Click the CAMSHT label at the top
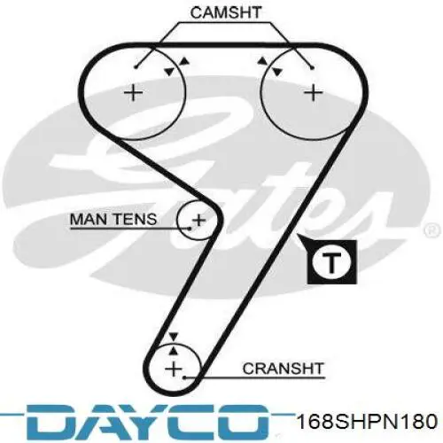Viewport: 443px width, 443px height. click(226, 12)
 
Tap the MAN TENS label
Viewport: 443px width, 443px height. click(113, 219)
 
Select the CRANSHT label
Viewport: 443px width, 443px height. click(283, 369)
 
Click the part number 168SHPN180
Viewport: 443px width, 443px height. click(368, 422)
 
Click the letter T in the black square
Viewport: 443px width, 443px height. click(332, 262)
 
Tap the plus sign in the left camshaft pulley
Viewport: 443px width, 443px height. click(133, 93)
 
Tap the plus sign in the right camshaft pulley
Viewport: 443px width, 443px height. click(313, 93)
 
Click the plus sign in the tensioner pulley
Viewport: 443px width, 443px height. click(199, 221)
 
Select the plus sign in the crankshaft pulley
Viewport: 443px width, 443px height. click(174, 369)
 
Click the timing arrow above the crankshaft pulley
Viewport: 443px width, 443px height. click(174, 337)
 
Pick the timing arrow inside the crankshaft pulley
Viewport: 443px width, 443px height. click(174, 351)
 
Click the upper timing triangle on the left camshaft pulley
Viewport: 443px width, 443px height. click(185, 61)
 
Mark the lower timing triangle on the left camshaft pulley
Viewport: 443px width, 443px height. click(169, 71)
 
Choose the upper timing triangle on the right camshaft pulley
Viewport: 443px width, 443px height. click(262, 61)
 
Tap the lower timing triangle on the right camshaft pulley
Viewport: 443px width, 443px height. click(277, 72)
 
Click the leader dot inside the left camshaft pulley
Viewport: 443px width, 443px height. click(136, 67)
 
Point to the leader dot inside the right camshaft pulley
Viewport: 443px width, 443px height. click(313, 68)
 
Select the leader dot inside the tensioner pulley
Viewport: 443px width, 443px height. click(190, 229)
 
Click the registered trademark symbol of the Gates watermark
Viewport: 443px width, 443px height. click(432, 229)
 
